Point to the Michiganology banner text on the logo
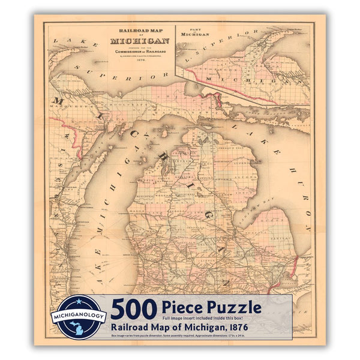click(79, 316)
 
